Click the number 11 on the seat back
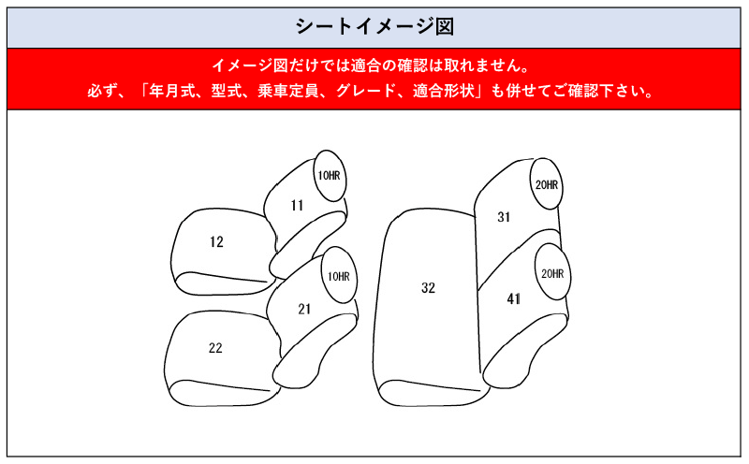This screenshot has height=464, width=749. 297,205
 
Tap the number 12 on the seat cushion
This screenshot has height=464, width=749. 216,242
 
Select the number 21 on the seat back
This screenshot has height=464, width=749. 304,310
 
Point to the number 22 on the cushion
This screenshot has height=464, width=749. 215,348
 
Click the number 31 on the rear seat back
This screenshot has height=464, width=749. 504,217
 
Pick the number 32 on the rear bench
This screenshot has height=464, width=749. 429,288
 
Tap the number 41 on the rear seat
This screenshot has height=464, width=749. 513,299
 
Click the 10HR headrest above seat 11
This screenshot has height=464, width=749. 330,175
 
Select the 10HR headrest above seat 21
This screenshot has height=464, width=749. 339,275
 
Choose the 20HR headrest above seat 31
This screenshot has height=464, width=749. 547,183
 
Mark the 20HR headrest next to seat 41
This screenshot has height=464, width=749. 552,272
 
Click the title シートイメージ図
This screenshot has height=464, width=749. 374,26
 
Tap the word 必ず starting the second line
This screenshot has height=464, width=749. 102,91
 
